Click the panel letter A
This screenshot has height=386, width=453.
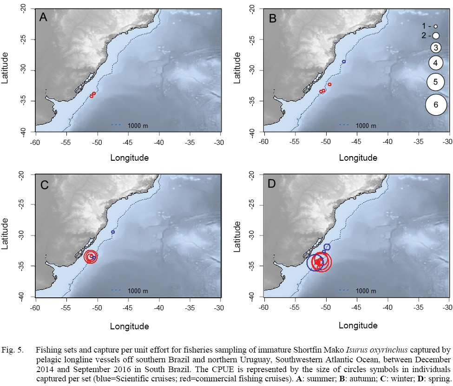point(43,18)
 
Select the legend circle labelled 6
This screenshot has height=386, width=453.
point(435,105)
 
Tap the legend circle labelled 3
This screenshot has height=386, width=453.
point(435,47)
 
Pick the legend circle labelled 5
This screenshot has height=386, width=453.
point(435,82)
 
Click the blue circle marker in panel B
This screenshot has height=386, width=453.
point(344,61)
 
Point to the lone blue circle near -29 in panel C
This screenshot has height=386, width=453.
point(113,232)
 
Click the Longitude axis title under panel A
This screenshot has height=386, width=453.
point(130,157)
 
